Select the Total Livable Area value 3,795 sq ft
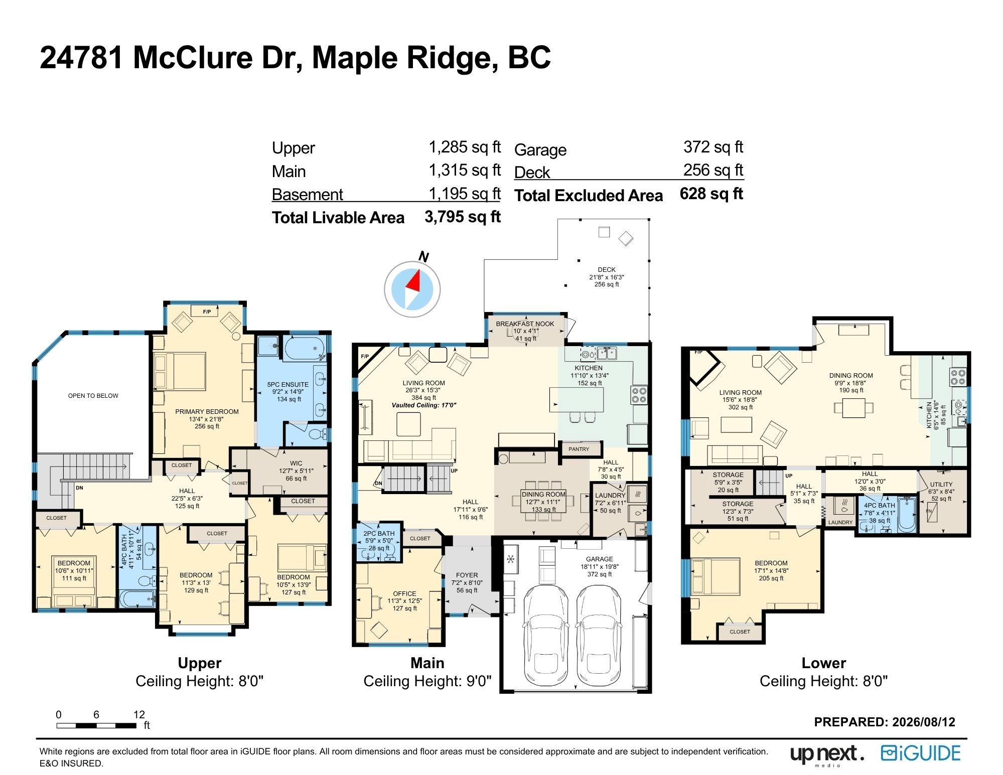point(463,217)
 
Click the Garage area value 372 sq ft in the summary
point(713,147)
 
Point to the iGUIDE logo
point(921,754)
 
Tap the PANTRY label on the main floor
point(579,449)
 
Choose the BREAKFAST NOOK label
point(525,324)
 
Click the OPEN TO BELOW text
point(93,396)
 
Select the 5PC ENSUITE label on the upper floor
point(288,385)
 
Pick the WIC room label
point(296,463)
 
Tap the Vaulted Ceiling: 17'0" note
point(424,405)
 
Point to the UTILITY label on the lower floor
point(941,485)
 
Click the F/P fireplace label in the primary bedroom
point(207,312)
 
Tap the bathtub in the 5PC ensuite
point(305,349)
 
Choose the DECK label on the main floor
point(607,269)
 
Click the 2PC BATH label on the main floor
point(379,534)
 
